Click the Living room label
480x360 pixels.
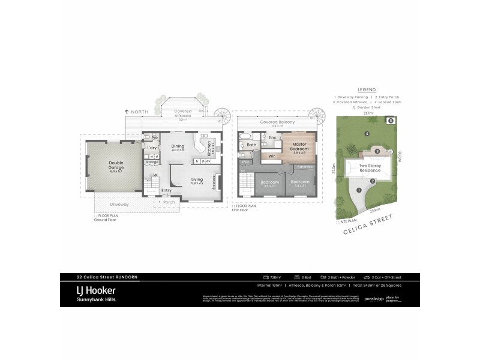coord(197,179)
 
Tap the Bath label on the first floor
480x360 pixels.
coord(251,145)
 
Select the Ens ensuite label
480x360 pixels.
coord(272,138)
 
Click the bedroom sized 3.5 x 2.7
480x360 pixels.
coord(269,182)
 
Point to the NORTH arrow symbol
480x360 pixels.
coord(127,112)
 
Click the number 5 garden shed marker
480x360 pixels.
coord(391,121)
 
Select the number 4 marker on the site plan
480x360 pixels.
coord(366,133)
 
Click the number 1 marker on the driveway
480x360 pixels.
coord(359,190)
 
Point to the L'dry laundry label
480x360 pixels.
coord(152,148)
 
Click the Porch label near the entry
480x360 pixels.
coord(169,202)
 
